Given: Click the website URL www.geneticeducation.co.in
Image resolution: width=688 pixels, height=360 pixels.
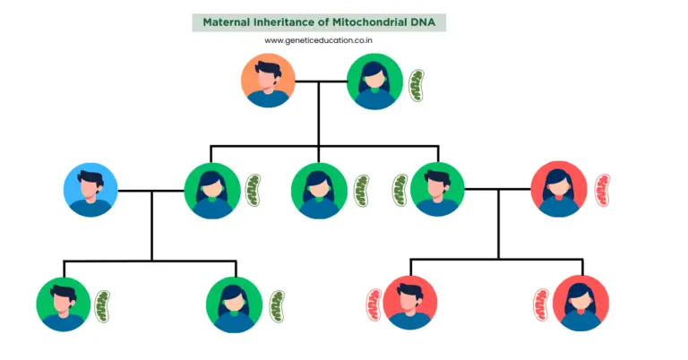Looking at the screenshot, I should [x=318, y=40].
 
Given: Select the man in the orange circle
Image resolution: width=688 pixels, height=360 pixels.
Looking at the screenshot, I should [x=268, y=81].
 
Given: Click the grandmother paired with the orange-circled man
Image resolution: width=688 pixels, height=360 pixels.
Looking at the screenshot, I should [x=374, y=81].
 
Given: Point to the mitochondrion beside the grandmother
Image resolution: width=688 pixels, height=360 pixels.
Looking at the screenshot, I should [x=417, y=84].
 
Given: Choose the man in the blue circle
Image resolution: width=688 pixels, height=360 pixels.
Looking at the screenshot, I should [x=90, y=190].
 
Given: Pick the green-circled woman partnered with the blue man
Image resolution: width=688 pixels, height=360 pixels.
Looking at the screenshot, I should [x=212, y=190].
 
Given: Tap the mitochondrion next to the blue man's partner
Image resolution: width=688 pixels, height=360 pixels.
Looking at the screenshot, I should [x=254, y=190].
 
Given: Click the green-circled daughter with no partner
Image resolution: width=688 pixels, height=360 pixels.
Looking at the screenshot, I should [x=319, y=190].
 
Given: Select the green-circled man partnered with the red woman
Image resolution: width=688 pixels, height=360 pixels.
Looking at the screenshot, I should [x=437, y=190].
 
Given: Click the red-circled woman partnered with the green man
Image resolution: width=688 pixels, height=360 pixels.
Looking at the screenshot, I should [x=559, y=189].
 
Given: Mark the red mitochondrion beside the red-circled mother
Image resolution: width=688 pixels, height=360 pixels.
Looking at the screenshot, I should [x=601, y=190].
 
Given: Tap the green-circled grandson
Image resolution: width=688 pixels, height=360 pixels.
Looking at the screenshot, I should [x=64, y=304].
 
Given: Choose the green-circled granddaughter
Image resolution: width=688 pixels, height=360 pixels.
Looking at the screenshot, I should [x=234, y=304].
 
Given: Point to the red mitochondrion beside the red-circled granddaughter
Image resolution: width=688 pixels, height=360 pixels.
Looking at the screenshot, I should [x=540, y=304].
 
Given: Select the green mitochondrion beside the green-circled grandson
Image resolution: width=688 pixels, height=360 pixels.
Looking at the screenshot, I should [x=104, y=305].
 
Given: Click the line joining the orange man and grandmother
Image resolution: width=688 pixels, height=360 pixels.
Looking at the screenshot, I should [x=321, y=81].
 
